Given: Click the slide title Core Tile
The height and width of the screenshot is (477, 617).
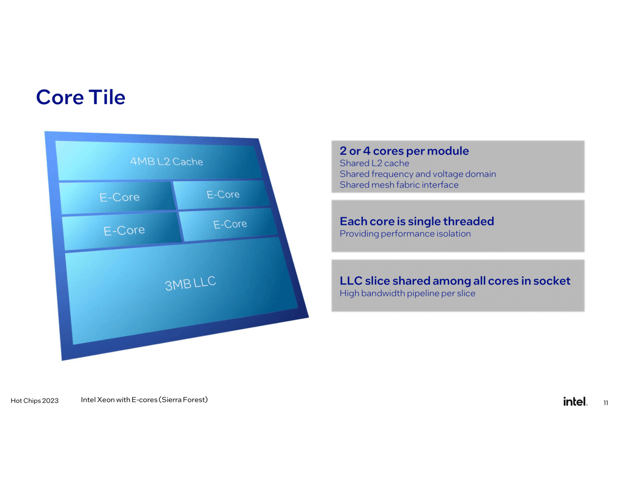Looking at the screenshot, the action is pyautogui.click(x=81, y=97).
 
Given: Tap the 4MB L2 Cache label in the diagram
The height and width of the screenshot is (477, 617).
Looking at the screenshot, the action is pyautogui.click(x=167, y=161).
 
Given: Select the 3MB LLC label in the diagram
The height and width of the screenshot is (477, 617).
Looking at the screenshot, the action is pyautogui.click(x=190, y=283).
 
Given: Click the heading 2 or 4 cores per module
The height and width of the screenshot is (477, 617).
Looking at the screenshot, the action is pyautogui.click(x=404, y=151).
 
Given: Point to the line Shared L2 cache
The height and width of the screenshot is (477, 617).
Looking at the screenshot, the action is pyautogui.click(x=374, y=163).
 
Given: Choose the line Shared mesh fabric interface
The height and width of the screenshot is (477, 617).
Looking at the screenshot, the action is pyautogui.click(x=399, y=185).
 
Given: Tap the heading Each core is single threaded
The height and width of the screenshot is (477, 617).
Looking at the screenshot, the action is pyautogui.click(x=417, y=221).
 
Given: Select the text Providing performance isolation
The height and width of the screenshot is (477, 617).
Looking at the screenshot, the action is pyautogui.click(x=405, y=234).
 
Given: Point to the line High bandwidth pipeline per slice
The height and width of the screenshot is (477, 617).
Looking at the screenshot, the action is pyautogui.click(x=407, y=293).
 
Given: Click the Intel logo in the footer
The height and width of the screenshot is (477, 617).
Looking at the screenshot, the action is pyautogui.click(x=575, y=401).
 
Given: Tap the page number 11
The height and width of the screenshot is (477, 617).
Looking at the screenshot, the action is pyautogui.click(x=606, y=403).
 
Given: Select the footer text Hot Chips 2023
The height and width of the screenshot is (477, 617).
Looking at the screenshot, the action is pyautogui.click(x=34, y=401).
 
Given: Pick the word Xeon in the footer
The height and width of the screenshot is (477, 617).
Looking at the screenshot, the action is pyautogui.click(x=106, y=400).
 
